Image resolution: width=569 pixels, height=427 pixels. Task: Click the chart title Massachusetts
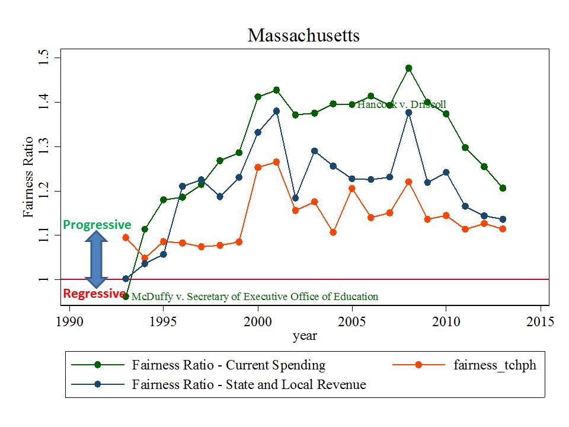tap(303, 36)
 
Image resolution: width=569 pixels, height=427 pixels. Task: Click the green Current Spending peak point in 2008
tap(408, 68)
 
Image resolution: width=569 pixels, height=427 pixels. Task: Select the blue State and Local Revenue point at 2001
tap(276, 111)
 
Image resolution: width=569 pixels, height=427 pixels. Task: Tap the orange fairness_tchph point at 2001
tap(276, 162)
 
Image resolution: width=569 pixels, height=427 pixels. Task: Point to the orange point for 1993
tap(126, 237)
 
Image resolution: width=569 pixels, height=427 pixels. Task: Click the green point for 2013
tap(503, 188)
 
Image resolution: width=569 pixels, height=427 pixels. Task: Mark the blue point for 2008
tap(408, 112)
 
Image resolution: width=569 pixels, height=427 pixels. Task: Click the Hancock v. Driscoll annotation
tap(401, 104)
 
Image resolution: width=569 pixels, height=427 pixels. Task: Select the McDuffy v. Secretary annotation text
tap(254, 297)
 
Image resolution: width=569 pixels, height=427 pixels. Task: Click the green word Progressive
tap(97, 225)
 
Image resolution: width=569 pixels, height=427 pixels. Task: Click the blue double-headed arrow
tap(96, 259)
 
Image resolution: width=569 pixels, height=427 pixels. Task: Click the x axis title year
tap(305, 336)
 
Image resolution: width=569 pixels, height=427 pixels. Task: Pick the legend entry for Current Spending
tap(229, 365)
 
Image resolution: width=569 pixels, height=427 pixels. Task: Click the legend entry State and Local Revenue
tap(249, 384)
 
